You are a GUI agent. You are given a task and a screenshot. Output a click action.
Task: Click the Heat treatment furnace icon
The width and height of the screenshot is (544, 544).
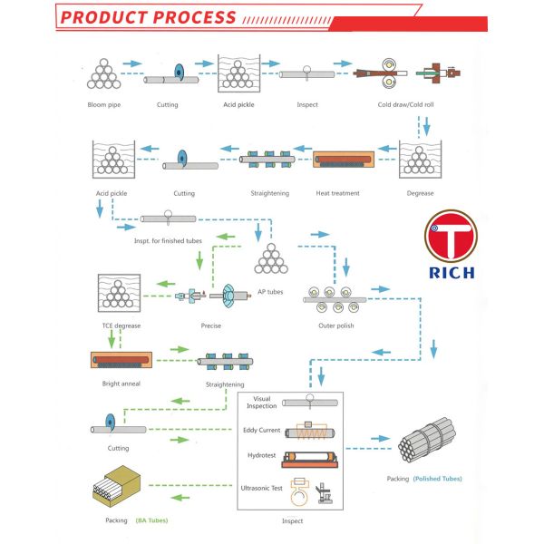click(x=345, y=162)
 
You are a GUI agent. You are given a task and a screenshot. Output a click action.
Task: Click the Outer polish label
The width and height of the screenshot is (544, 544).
click(x=335, y=324)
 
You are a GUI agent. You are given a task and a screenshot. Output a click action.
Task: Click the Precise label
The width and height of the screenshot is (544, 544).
click(x=210, y=325)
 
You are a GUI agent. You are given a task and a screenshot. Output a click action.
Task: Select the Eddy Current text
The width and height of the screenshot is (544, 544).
click(x=263, y=431)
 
